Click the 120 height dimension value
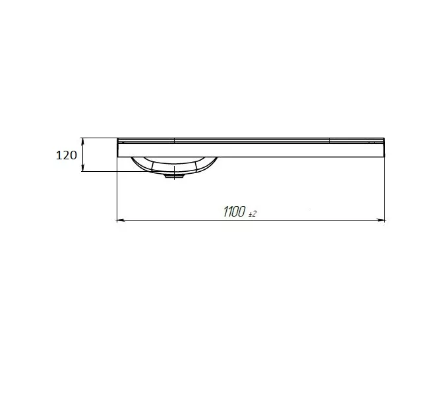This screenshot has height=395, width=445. click(67, 155)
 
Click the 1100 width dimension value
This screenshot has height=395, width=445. click(235, 212)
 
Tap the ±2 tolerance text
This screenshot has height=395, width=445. click(252, 214)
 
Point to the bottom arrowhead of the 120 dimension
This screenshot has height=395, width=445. click(82, 169)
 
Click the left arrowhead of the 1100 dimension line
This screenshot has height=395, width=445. click(121, 220)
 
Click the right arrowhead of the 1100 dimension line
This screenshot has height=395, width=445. click(381, 220)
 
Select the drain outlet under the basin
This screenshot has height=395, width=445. click(174, 176)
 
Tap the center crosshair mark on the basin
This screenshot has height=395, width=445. click(174, 173)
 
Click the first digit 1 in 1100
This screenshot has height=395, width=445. click(225, 212)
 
